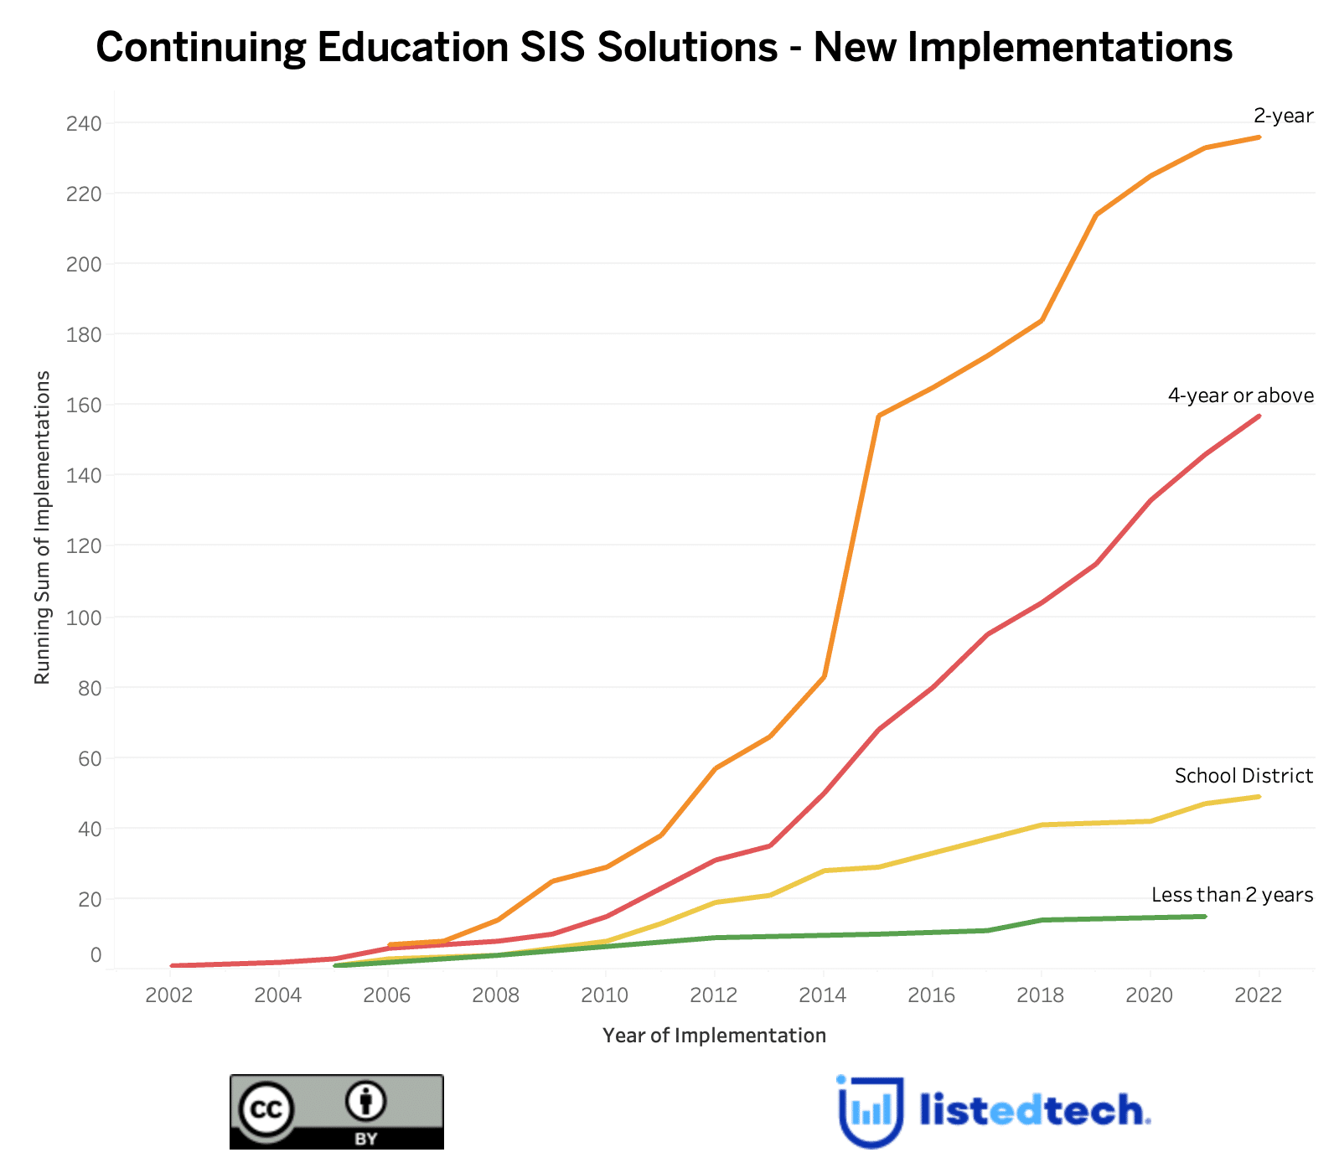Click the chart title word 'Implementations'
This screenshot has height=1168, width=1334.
1070,48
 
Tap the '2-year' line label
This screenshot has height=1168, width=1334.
1283,116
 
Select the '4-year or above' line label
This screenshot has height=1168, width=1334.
1240,395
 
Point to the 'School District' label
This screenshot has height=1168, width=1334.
1244,776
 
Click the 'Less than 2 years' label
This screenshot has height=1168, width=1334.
1232,895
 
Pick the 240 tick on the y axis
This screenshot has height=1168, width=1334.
84,124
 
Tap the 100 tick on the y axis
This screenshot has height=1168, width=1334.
84,618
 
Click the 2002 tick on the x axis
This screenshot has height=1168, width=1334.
169,995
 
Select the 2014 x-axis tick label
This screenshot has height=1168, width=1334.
823,995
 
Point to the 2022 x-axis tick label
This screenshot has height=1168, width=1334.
1259,995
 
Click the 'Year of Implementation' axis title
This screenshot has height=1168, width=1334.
714,1036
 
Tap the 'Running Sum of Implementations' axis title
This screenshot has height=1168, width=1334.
43,528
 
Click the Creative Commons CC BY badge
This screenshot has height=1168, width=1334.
337,1112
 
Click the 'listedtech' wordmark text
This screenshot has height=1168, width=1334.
1035,1111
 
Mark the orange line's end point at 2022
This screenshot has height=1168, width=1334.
1259,137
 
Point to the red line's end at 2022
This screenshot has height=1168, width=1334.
1259,416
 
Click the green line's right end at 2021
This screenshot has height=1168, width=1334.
1204,917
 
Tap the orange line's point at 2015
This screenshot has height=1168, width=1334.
877,416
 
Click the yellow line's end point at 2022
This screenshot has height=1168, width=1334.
1259,797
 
